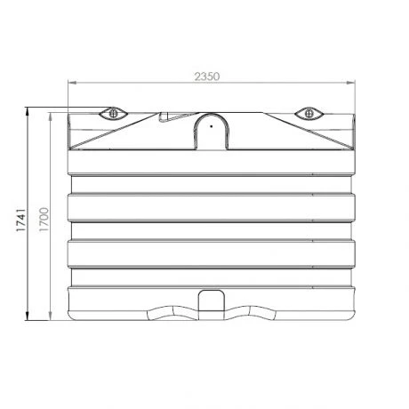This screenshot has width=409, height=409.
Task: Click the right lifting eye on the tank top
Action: click(x=309, y=113)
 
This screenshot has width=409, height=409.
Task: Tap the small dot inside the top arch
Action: click(x=211, y=125)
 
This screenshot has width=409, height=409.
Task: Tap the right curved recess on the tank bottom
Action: click(x=252, y=311)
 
